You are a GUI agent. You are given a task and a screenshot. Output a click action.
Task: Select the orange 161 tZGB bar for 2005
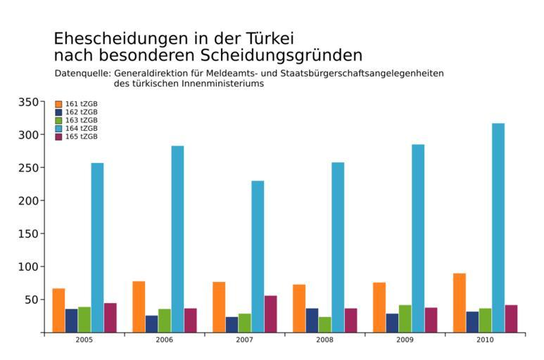pyautogui.click(x=58, y=310)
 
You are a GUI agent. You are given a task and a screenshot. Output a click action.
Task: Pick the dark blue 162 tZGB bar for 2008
pyautogui.click(x=312, y=320)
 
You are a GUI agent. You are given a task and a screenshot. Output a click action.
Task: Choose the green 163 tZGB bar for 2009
pyautogui.click(x=405, y=319)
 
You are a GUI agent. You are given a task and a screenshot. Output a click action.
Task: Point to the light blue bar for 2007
pyautogui.click(x=258, y=256)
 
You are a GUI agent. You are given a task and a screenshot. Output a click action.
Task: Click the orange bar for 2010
pyautogui.click(x=459, y=302)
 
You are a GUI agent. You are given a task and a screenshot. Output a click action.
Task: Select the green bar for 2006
pyautogui.click(x=164, y=321)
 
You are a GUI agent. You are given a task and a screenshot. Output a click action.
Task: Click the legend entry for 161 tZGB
pyautogui.click(x=76, y=104)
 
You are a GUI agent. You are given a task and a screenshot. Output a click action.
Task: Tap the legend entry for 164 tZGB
pyautogui.click(x=76, y=129)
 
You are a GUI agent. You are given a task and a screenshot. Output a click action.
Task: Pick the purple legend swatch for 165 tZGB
pyautogui.click(x=58, y=136)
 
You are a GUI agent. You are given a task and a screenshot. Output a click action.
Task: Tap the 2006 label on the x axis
pyautogui.click(x=165, y=340)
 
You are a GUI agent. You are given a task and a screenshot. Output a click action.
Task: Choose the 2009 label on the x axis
pyautogui.click(x=405, y=340)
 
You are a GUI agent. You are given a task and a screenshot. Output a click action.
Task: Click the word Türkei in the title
pyautogui.click(x=263, y=38)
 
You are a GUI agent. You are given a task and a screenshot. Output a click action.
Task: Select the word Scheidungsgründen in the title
pyautogui.click(x=282, y=55)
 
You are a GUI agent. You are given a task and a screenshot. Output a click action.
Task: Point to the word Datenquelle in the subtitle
pyautogui.click(x=82, y=73)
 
